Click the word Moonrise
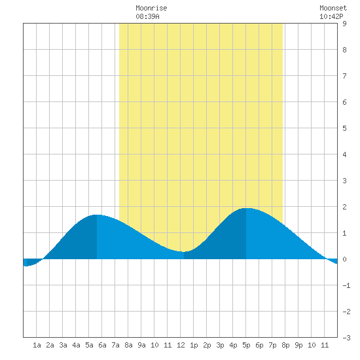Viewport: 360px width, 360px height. click(x=151, y=8)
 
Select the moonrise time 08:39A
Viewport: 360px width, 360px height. click(x=147, y=16)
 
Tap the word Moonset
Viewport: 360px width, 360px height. click(x=333, y=8)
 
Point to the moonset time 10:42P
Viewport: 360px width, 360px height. click(x=331, y=16)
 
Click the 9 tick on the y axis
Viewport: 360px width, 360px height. click(x=344, y=24)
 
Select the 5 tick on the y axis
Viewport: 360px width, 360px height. click(x=344, y=128)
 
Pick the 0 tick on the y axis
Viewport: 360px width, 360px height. click(x=344, y=259)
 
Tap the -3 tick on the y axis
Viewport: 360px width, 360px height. click(x=346, y=338)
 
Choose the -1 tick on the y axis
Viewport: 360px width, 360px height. click(x=346, y=285)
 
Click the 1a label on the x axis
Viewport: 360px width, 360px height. click(x=37, y=345)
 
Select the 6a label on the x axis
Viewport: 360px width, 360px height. click(x=102, y=345)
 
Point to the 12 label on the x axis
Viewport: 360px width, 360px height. click(x=181, y=345)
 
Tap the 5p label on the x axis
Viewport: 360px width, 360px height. click(x=246, y=345)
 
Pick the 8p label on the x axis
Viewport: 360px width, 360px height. click(x=285, y=345)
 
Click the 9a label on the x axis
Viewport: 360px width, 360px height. click(x=141, y=345)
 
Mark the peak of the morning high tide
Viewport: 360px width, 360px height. click(x=97, y=215)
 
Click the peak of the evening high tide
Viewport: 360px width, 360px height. click(x=246, y=208)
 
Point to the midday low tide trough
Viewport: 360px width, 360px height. click(x=184, y=251)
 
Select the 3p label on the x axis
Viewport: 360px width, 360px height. click(x=220, y=345)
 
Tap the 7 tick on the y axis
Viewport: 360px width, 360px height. click(x=344, y=76)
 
